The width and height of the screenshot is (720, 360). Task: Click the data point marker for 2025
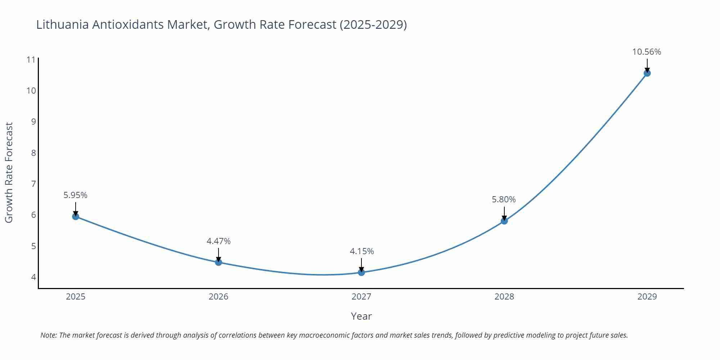(x=76, y=216)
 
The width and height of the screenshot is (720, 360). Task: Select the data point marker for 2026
(x=219, y=262)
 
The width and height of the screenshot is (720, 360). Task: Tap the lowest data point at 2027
(x=361, y=272)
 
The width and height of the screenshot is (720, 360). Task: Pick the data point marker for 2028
(x=504, y=221)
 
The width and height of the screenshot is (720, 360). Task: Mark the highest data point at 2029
(x=647, y=73)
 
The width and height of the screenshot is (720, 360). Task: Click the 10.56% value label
(x=647, y=52)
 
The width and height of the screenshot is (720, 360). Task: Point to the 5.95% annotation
(x=75, y=195)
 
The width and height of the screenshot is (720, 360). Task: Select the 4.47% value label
(x=219, y=241)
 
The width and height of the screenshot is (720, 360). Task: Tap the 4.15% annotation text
(x=362, y=251)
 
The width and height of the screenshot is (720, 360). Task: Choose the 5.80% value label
(x=504, y=199)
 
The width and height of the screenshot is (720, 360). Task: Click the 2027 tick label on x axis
(x=361, y=297)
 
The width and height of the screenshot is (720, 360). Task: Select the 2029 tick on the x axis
(x=647, y=297)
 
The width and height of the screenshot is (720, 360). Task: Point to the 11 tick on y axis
(x=31, y=60)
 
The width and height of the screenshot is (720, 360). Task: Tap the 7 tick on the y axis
(x=33, y=184)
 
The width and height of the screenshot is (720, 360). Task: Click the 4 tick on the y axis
(x=33, y=277)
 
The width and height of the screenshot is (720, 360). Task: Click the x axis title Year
(x=361, y=316)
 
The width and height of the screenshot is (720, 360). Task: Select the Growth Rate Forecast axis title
(x=9, y=172)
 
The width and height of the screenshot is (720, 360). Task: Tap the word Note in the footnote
(x=48, y=335)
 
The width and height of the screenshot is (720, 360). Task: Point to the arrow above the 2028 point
(x=504, y=213)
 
